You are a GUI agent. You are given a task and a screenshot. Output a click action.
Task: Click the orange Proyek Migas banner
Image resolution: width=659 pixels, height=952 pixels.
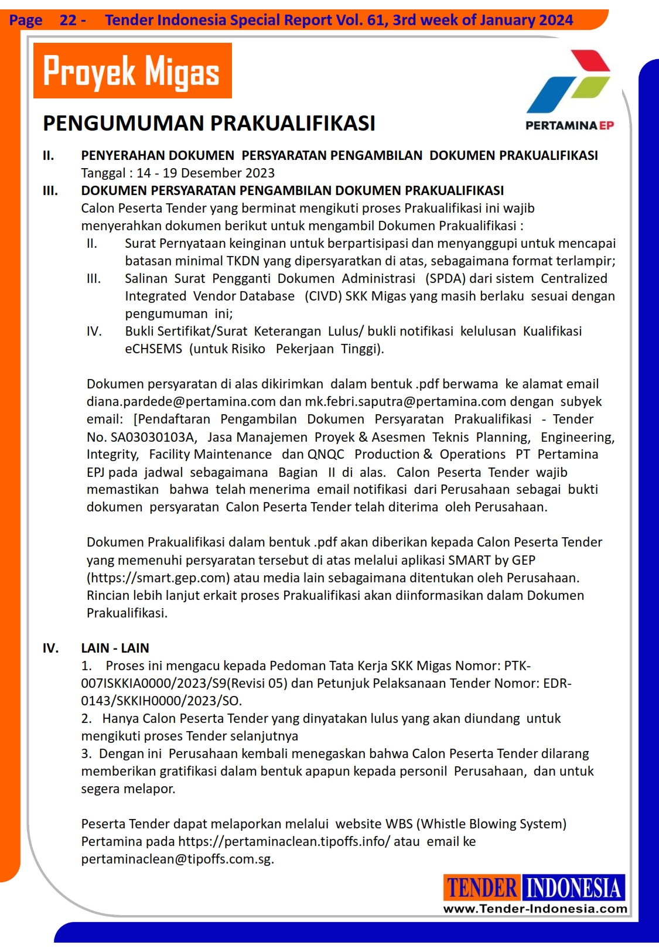point(132,71)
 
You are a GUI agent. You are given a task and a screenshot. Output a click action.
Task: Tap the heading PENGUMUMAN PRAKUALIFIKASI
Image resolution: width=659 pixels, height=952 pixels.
point(209,124)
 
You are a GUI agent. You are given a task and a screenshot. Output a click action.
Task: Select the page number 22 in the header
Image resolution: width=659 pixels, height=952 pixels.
point(68,21)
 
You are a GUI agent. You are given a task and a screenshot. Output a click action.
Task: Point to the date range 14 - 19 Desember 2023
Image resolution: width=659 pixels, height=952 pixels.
point(206,173)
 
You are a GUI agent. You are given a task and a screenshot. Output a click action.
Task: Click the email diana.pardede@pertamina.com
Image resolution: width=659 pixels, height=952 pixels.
point(181,402)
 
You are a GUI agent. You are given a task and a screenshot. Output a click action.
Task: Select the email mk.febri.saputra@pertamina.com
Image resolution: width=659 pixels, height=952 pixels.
point(405,402)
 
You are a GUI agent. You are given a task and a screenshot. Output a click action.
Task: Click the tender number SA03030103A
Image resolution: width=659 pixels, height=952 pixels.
point(152,437)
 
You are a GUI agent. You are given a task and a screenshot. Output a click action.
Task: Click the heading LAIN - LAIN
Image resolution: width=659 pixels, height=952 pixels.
point(115,648)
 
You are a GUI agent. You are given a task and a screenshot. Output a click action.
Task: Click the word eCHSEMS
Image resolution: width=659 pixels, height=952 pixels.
point(153,349)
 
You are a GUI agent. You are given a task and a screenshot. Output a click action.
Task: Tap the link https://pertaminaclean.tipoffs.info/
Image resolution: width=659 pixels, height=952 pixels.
point(284,842)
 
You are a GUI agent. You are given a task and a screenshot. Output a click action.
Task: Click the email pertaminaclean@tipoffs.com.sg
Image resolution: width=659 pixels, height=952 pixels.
point(177,859)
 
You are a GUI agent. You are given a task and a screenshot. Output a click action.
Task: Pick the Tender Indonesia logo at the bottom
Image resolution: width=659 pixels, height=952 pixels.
point(534,888)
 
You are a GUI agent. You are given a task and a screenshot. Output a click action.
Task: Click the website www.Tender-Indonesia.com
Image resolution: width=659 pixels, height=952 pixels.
point(535,909)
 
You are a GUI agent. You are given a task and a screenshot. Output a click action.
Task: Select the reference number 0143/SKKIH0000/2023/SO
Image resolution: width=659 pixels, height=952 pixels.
point(161,701)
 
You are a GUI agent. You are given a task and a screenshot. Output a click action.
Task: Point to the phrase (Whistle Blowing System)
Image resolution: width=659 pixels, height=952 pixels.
point(491,824)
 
